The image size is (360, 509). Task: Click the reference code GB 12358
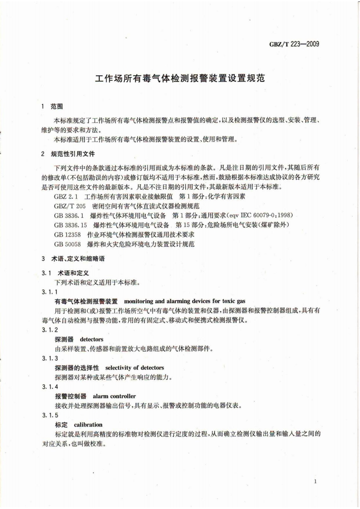[66, 234]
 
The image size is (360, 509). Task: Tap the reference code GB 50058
[66, 244]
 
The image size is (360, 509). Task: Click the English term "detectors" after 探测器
[92, 339]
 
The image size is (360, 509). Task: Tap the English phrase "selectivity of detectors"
[134, 367]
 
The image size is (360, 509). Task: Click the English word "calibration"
[88, 425]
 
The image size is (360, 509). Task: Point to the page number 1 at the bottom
[315, 482]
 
